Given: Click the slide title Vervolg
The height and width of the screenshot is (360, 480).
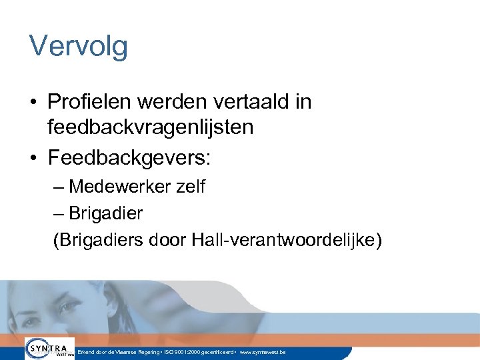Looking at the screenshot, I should click(79, 47).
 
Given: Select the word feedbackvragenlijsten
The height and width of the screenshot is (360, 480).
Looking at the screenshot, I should click(151, 127).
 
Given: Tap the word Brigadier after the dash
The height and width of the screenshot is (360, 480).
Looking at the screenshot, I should click(106, 213).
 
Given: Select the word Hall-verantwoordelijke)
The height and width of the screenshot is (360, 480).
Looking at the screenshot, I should click(287, 239).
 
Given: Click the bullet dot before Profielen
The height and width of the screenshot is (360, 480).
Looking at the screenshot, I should click(33, 103).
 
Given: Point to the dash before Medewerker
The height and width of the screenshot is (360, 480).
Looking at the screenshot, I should click(59, 187).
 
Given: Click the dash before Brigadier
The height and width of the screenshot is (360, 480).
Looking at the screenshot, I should click(59, 213).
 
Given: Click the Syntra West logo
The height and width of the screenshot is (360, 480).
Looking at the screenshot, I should click(49, 349).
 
